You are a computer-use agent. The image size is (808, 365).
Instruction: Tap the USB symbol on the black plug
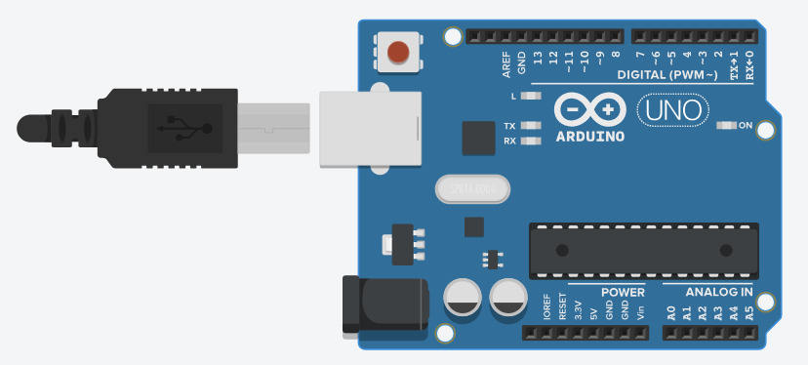[x=184, y=128]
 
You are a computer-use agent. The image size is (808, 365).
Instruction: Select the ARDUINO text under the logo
[x=589, y=138]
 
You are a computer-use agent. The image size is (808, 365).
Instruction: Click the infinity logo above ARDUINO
[x=589, y=108]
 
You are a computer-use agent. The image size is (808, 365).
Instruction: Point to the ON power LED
[x=727, y=125]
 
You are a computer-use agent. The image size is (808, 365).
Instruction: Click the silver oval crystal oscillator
[x=473, y=188]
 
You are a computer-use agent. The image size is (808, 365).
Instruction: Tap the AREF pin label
[x=506, y=64]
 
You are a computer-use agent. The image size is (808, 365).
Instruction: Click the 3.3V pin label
[x=579, y=309]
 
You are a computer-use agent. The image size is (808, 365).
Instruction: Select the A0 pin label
[x=671, y=313]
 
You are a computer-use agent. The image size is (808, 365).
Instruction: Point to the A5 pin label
[x=748, y=313]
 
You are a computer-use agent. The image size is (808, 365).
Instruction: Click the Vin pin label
[x=641, y=312]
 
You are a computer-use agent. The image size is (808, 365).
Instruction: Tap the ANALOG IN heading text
[x=718, y=292]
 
